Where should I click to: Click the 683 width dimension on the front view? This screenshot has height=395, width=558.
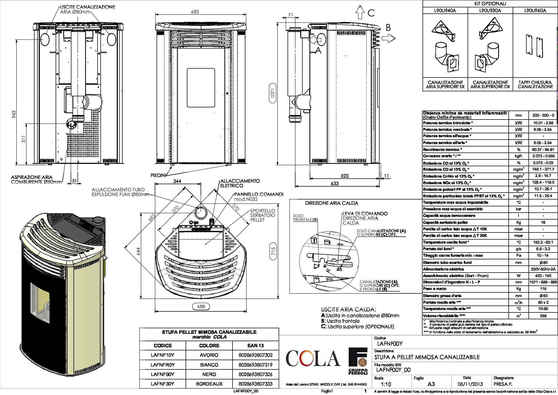tap(195, 12)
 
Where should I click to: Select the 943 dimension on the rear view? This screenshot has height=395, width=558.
tap(14, 114)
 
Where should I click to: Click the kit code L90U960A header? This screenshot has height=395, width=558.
tap(535, 11)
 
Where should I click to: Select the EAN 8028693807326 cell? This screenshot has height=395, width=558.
tap(255, 374)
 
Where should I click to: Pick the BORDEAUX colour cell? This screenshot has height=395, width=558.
tap(209, 384)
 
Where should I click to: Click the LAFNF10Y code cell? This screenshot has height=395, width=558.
tap(163, 355)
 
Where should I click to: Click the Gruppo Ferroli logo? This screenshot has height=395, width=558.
tap(358, 361)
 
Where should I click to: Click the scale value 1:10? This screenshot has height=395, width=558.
tap(386, 384)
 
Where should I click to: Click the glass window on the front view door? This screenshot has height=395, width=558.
tap(201, 88)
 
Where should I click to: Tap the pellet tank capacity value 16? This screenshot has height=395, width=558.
tap(543, 222)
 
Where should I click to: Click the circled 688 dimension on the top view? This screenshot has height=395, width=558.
tap(201, 306)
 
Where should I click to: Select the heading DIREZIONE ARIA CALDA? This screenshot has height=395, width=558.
tap(332, 203)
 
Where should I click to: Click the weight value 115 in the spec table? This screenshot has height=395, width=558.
tap(543, 289)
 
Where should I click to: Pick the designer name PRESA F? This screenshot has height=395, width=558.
tap(503, 384)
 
